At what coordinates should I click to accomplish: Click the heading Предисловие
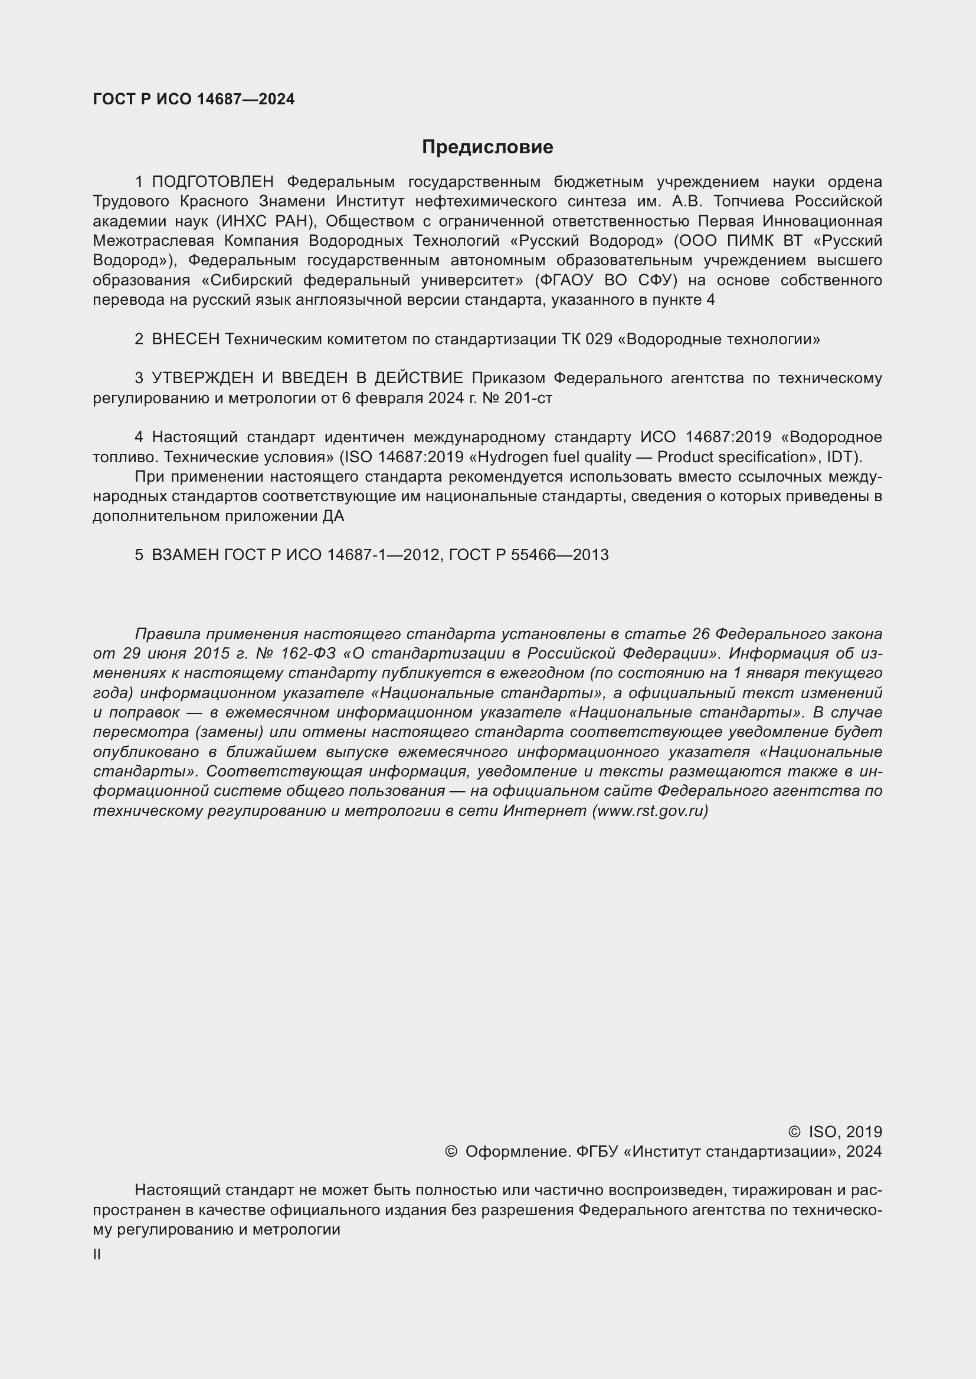point(487,147)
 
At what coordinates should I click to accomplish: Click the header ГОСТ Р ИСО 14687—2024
point(194,100)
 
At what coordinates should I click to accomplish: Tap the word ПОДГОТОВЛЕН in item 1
point(213,182)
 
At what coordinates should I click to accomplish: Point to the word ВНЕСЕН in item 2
point(186,340)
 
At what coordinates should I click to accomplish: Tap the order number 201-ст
point(528,398)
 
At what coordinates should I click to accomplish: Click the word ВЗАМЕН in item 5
point(186,555)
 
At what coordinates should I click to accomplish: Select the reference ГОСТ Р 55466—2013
point(528,555)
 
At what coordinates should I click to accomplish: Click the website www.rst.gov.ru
point(650,811)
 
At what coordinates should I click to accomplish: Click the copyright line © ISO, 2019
point(835,1132)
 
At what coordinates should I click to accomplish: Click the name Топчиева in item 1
point(747,201)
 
